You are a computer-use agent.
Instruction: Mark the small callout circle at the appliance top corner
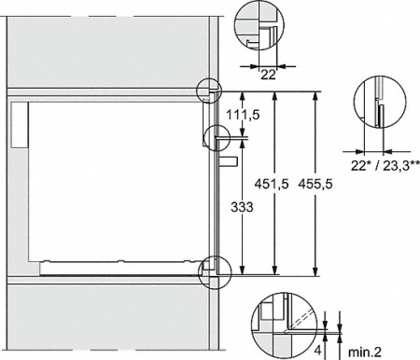[x=210, y=91]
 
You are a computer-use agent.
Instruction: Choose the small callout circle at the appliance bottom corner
[x=213, y=268]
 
